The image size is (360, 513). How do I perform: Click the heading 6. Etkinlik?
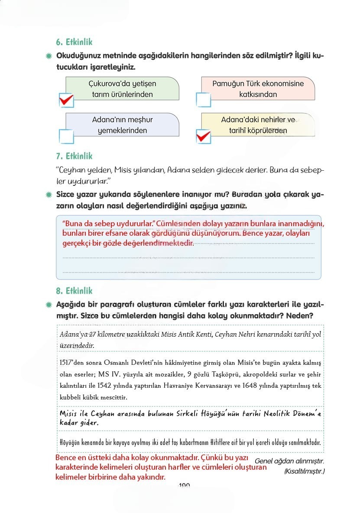tap(74, 42)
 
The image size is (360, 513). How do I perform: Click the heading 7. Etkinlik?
tap(74, 156)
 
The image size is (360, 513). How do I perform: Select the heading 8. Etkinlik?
tap(74, 291)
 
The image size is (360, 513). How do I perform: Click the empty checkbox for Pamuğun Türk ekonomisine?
tap(203, 100)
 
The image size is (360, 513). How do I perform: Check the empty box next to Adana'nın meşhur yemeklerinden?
tap(66, 136)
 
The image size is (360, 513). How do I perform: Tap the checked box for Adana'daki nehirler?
tap(203, 136)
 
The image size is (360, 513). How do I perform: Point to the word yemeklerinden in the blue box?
tap(122, 130)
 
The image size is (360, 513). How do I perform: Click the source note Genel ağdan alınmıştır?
tap(289, 461)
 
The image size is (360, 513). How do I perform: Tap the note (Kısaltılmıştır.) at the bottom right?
tap(304, 471)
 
